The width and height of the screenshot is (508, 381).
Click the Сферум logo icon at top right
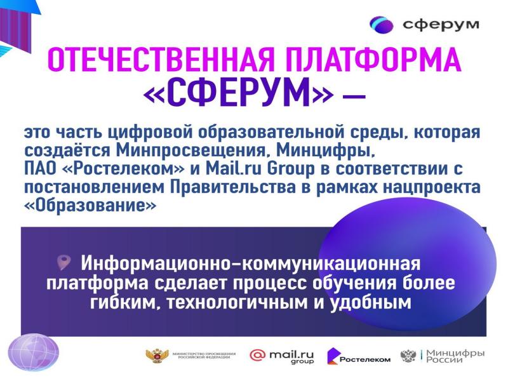(x=382, y=25)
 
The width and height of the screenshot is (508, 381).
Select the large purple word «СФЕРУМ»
(x=238, y=93)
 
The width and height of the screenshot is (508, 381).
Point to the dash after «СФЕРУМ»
(x=354, y=96)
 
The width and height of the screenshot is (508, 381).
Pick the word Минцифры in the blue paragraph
(x=325, y=150)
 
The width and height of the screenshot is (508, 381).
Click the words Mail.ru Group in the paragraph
(x=260, y=169)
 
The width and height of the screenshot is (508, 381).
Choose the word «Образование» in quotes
(x=90, y=205)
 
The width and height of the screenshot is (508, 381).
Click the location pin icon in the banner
(x=64, y=262)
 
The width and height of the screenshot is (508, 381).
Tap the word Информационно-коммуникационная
(x=250, y=263)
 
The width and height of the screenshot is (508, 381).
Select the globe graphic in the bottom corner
(x=34, y=352)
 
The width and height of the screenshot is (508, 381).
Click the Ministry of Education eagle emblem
(x=157, y=356)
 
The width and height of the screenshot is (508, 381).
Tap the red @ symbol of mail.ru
(x=258, y=355)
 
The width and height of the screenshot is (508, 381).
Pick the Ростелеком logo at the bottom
(x=359, y=356)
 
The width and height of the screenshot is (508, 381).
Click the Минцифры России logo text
(x=455, y=356)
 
